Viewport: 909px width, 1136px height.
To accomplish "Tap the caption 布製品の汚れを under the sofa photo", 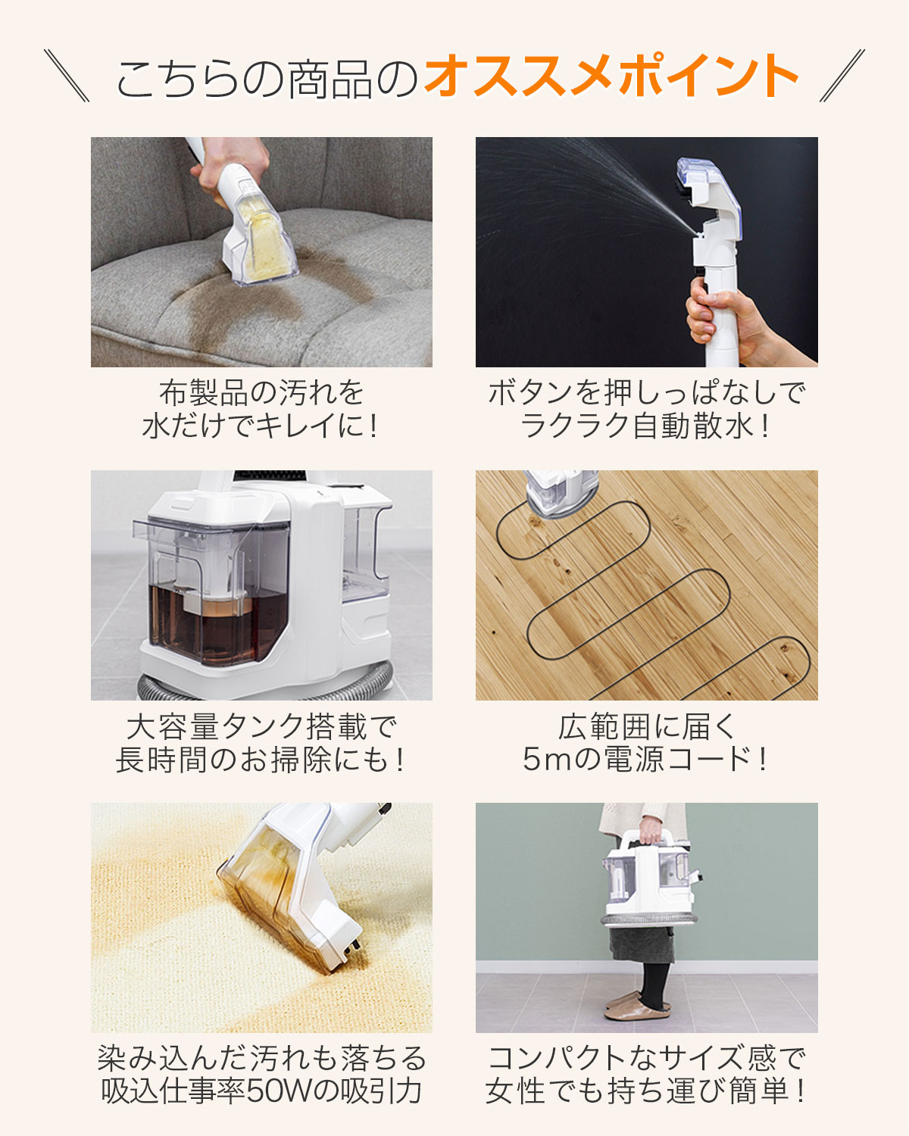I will click(x=261, y=393).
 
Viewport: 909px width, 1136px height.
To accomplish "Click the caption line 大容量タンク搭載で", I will click(x=261, y=726).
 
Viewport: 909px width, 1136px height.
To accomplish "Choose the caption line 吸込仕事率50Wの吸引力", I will click(x=261, y=1091).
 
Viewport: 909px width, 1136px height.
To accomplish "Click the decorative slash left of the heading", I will click(x=67, y=76).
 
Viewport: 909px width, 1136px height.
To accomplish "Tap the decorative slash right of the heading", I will click(x=842, y=76).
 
